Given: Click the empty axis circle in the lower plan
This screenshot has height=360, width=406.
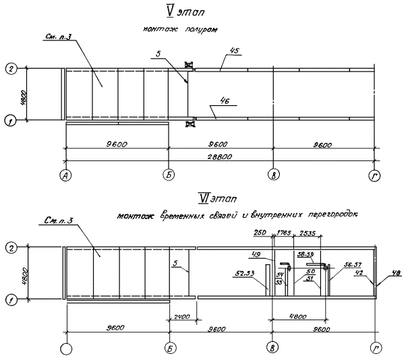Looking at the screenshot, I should pyautogui.click(x=65, y=349).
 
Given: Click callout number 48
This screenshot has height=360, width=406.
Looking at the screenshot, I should pyautogui.click(x=396, y=273).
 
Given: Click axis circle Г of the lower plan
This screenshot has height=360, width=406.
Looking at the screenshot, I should pyautogui.click(x=376, y=349).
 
